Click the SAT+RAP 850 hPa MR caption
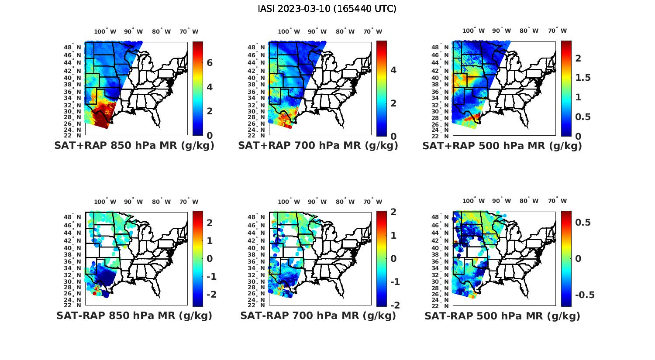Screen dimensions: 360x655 tap(134, 146)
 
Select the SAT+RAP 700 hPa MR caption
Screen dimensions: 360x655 tap(318, 146)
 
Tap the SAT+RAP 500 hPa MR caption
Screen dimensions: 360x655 tap(502, 146)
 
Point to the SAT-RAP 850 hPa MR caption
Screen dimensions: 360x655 tap(134, 315)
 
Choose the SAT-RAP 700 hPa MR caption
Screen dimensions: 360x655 tap(318, 315)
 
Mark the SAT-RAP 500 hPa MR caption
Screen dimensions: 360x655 tap(502, 316)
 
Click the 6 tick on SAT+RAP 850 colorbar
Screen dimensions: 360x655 tap(210, 63)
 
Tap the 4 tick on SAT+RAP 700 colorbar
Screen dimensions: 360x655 tap(393, 70)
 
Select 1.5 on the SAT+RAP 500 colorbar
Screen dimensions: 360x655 tap(583, 78)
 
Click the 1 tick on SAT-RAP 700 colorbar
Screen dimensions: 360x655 tap(393, 236)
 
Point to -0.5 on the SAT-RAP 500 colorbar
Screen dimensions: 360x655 tap(585, 295)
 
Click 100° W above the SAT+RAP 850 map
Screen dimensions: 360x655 tap(105, 31)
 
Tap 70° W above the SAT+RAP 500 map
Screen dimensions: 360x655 tap(557, 31)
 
